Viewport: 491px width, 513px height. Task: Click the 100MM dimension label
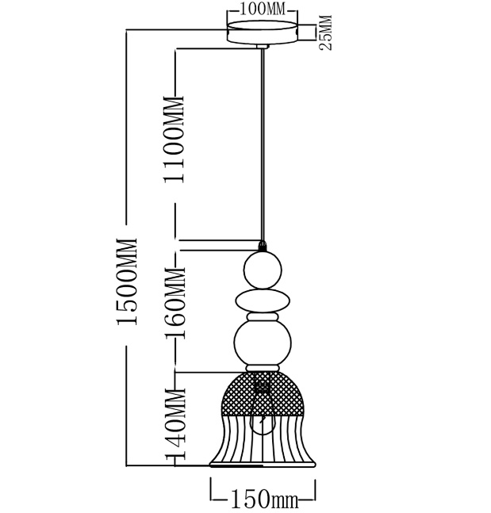[x=263, y=10]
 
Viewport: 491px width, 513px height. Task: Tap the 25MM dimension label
[x=325, y=33]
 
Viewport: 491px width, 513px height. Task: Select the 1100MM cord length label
[x=175, y=140]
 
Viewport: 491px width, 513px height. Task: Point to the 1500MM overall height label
[x=126, y=281]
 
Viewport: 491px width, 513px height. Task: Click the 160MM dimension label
[x=175, y=303]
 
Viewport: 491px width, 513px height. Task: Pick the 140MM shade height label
[x=175, y=423]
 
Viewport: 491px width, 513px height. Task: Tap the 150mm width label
[x=264, y=500]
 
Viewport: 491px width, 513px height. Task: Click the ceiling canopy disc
[x=263, y=32]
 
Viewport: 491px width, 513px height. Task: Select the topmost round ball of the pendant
[x=263, y=270]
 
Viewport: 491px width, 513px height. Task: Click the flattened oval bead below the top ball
[x=263, y=301]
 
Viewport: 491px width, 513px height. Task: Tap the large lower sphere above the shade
[x=263, y=343]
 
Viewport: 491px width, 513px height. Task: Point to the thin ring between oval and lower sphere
[x=263, y=317]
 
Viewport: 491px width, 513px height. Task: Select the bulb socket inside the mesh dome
[x=262, y=387]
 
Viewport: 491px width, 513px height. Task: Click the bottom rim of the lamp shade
[x=263, y=465]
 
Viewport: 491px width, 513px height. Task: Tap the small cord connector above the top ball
[x=262, y=246]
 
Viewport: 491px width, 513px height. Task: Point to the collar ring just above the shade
[x=263, y=368]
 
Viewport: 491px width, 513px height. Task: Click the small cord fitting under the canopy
[x=263, y=46]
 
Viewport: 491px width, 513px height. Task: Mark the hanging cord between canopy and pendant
[x=263, y=145]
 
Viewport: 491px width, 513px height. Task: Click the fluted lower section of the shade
[x=263, y=438]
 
